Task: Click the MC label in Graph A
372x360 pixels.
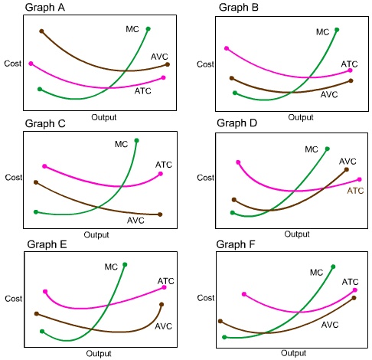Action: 132,29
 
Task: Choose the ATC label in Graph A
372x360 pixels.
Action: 143,91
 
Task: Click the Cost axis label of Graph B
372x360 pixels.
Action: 205,64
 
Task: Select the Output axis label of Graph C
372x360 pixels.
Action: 96,234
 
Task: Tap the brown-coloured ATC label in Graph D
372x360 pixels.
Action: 356,190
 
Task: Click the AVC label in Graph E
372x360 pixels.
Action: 163,326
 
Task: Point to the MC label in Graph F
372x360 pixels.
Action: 316,272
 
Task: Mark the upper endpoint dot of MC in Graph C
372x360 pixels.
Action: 137,140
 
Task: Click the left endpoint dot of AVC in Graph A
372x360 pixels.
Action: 41,31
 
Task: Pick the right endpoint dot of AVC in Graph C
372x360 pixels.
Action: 161,214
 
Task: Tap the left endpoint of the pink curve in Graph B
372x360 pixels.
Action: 226,48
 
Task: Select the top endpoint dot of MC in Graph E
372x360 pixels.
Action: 125,264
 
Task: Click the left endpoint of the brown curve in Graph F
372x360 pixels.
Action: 220,322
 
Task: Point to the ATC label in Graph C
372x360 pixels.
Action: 164,165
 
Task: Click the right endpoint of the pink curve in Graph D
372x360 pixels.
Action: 359,179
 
